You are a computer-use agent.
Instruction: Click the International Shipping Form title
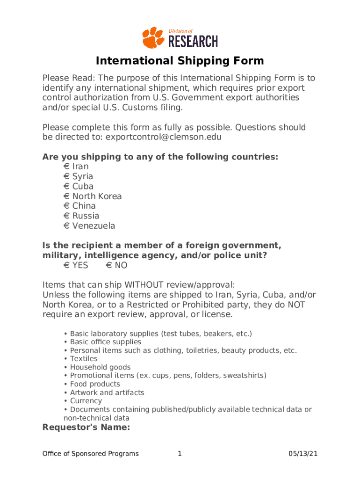click(180, 61)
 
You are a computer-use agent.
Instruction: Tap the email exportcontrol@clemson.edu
click(163, 137)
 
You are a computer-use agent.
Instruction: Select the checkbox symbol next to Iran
click(66, 167)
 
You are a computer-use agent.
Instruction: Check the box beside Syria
click(66, 176)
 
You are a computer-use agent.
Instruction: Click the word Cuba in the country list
click(83, 186)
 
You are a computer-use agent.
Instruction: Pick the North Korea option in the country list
click(97, 196)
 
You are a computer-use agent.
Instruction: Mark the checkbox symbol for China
click(66, 206)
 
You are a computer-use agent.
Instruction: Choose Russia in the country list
click(86, 216)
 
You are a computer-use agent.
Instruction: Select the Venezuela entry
click(94, 226)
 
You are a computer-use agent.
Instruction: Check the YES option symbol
click(66, 266)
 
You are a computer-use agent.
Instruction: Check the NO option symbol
click(108, 266)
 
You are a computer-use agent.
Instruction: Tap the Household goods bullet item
click(100, 367)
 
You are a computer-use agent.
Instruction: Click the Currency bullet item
click(86, 401)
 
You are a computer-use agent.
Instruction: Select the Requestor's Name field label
click(86, 427)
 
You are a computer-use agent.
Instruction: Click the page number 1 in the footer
click(180, 454)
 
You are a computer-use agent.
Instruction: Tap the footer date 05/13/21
click(303, 454)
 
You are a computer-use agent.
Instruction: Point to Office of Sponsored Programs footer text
click(90, 454)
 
